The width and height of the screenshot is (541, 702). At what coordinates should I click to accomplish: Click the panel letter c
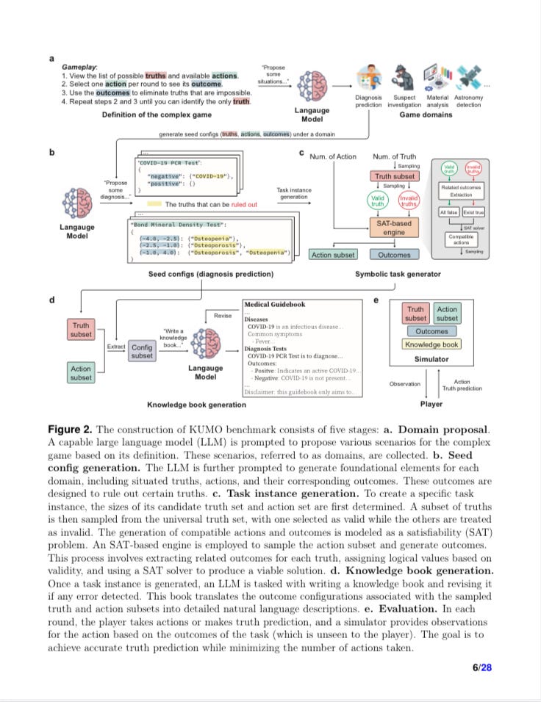301,153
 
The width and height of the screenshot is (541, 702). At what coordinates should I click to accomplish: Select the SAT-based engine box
394,228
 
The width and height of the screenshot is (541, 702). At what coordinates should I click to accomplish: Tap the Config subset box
142,351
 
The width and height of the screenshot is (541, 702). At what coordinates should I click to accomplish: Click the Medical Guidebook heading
274,304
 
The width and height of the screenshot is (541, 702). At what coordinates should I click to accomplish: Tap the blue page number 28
486,667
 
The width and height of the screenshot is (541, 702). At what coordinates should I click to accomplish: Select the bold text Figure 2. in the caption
71,429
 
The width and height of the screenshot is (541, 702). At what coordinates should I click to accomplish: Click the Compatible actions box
461,240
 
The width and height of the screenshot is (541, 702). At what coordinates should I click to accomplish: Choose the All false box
448,212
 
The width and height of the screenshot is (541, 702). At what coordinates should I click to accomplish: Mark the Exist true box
473,212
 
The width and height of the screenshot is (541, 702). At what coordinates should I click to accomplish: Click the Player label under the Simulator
431,404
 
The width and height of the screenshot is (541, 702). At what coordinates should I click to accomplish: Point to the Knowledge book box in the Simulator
431,344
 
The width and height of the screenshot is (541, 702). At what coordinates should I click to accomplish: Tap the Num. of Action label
332,156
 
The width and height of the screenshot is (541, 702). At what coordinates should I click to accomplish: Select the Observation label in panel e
405,383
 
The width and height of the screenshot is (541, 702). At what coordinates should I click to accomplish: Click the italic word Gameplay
79,67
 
